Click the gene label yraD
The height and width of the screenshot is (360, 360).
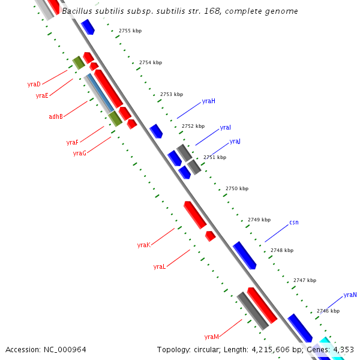point(34,84)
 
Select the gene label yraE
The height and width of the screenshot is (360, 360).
point(42,95)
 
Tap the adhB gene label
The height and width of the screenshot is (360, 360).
point(56,116)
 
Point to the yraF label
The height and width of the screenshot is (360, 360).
point(73,142)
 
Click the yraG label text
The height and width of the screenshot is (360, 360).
point(80,153)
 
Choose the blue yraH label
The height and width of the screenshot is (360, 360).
point(208,101)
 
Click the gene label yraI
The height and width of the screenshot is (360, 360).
point(226,128)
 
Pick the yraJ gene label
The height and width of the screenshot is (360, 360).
point(235,142)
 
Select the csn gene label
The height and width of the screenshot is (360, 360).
point(294,223)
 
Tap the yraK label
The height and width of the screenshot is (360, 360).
point(143,245)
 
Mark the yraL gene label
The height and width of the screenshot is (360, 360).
point(160,266)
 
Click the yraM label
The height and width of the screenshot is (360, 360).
point(211,337)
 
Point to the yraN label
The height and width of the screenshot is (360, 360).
point(350,295)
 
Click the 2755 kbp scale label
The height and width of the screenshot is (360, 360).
point(130,30)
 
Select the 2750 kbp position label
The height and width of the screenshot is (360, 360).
point(236,188)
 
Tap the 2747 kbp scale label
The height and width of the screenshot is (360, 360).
point(304,280)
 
